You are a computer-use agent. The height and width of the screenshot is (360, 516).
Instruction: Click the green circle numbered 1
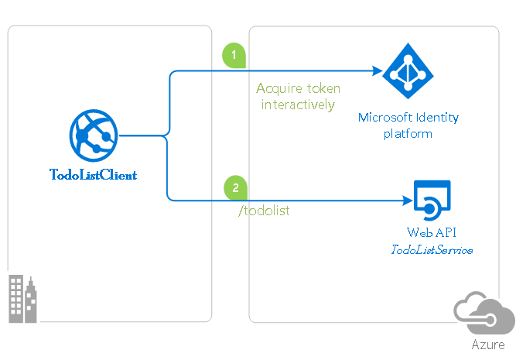[x=234, y=55]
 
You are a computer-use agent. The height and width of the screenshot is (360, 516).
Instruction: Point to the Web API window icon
[x=431, y=200]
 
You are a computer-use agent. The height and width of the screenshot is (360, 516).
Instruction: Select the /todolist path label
[x=264, y=211]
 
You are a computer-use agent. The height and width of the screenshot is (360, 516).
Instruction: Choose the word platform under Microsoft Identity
[x=408, y=133]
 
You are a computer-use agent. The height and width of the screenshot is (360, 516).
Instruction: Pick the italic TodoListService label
[x=431, y=249]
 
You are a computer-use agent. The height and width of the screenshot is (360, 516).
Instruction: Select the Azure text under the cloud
[x=488, y=345]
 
